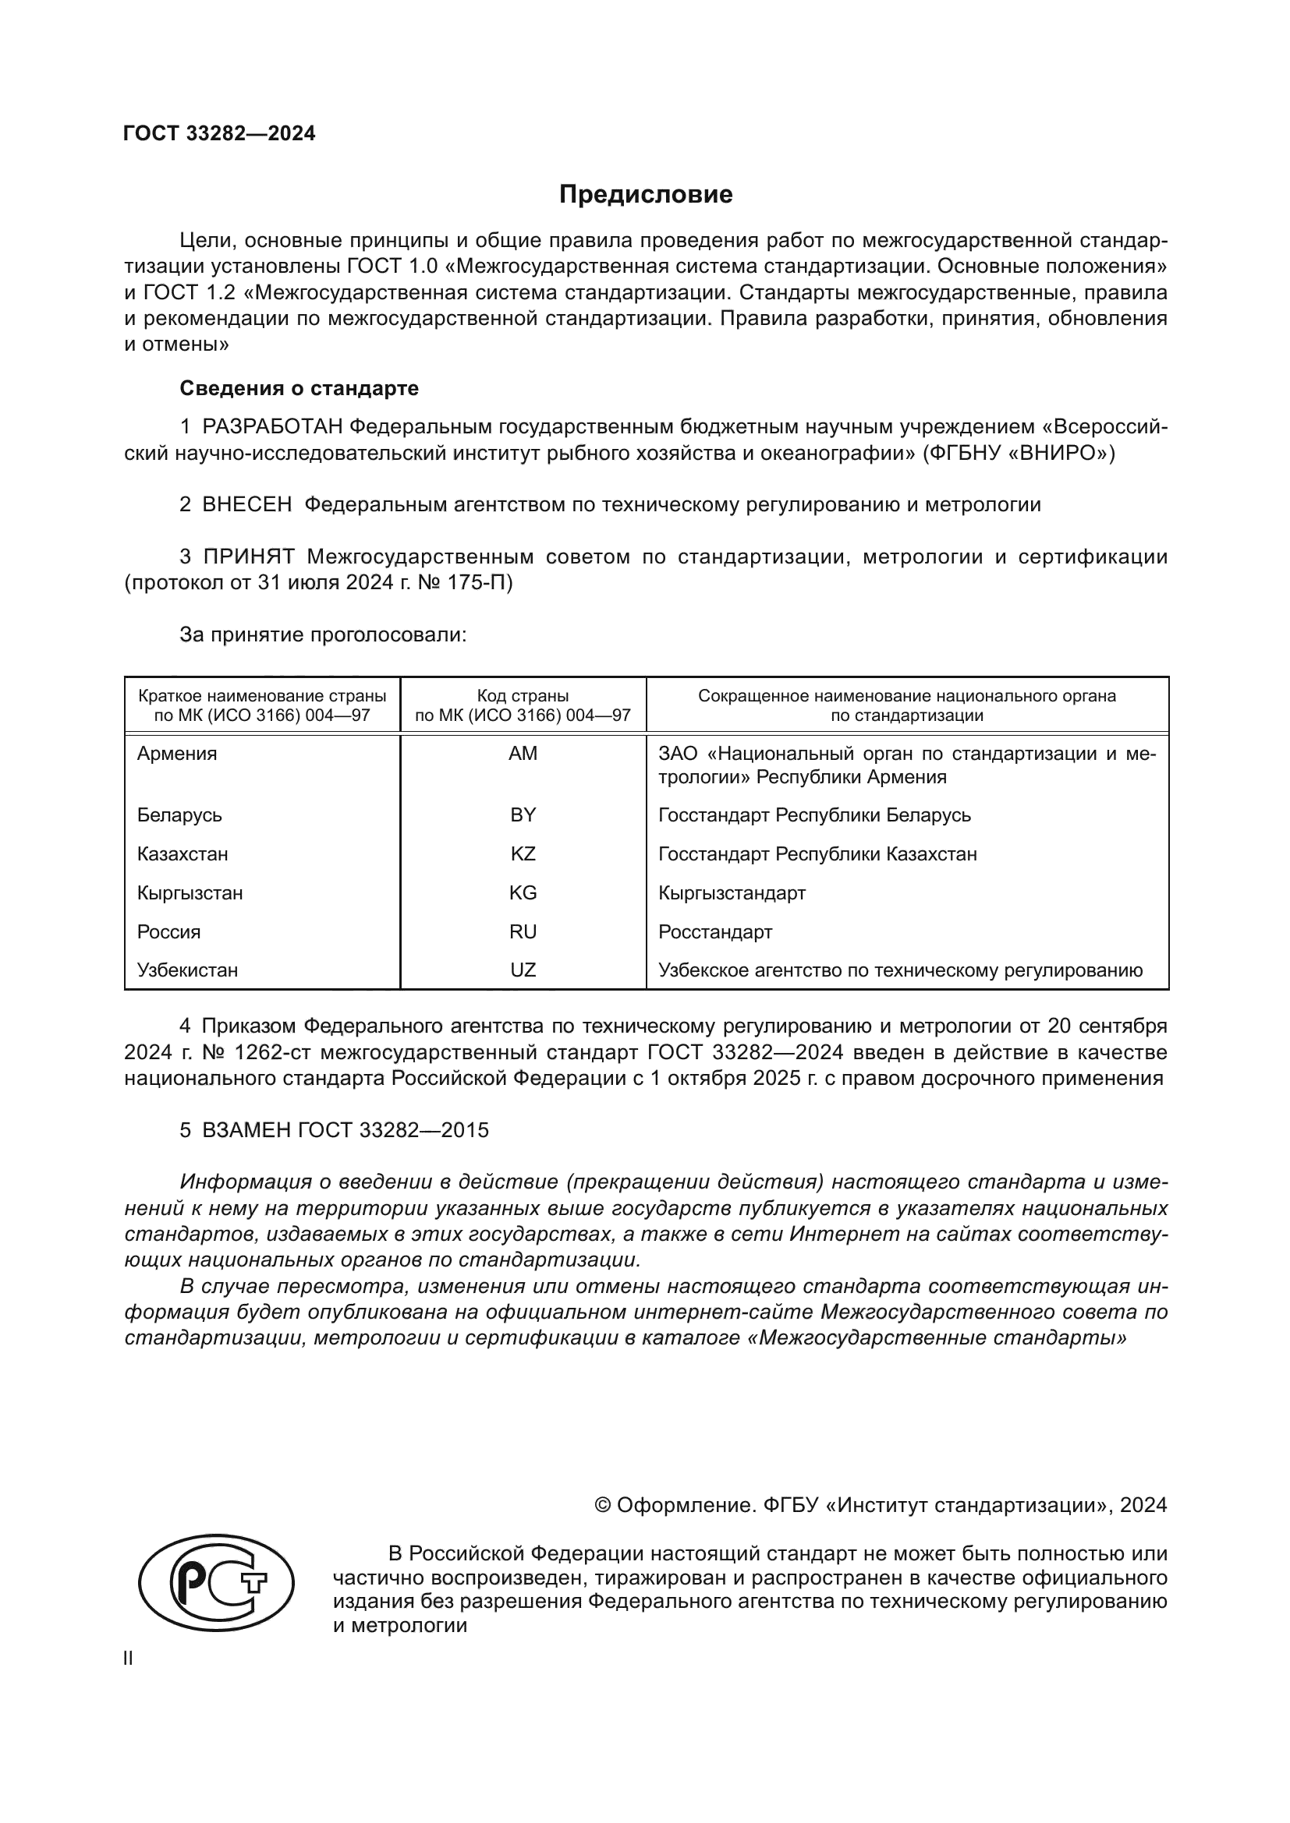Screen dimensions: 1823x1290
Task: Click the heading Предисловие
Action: (x=645, y=195)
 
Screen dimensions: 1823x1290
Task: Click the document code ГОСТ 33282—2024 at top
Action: (x=219, y=133)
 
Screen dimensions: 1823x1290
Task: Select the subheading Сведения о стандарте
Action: (x=299, y=388)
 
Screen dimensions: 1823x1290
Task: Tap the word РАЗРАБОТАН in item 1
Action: (x=272, y=427)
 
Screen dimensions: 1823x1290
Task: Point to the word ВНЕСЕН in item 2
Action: (x=247, y=504)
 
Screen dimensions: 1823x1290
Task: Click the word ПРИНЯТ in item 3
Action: (x=249, y=556)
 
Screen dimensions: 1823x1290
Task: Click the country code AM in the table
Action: (x=523, y=754)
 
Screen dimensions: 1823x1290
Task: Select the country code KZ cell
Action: (x=523, y=854)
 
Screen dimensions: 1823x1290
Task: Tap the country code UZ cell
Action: (x=523, y=970)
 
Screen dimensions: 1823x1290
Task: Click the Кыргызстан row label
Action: (x=190, y=893)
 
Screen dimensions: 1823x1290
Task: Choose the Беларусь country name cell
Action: (x=179, y=815)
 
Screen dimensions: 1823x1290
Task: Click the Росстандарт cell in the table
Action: (x=715, y=932)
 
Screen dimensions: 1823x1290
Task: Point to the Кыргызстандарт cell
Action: (x=732, y=893)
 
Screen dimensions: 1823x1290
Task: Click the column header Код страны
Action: (x=523, y=696)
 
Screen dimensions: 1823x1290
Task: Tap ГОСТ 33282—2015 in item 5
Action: (x=393, y=1131)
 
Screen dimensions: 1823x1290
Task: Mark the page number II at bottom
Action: (x=129, y=1659)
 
